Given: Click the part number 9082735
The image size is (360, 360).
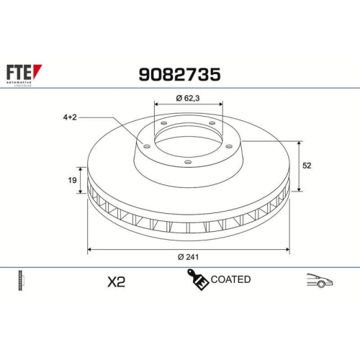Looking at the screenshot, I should pyautogui.click(x=179, y=74).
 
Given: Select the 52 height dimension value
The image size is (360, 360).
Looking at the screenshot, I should pyautogui.click(x=307, y=166).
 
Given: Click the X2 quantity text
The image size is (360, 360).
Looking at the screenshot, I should pyautogui.click(x=115, y=282).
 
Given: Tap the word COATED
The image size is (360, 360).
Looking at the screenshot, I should pyautogui.click(x=231, y=279).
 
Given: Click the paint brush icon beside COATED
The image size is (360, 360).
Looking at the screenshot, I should pyautogui.click(x=198, y=280).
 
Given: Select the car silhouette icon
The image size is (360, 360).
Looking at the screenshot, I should pyautogui.click(x=319, y=281).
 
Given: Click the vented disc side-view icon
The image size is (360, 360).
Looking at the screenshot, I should pyautogui.click(x=21, y=282).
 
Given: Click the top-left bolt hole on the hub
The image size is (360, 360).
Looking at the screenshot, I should pyautogui.click(x=163, y=125).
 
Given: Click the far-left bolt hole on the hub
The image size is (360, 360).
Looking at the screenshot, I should pyautogui.click(x=147, y=147).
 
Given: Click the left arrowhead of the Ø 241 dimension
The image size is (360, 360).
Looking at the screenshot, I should pyautogui.click(x=89, y=249).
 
